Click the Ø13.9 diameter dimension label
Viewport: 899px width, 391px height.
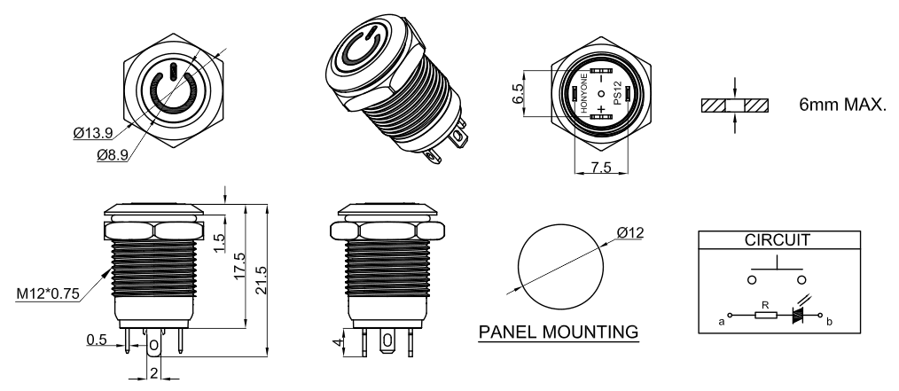tap(93, 134)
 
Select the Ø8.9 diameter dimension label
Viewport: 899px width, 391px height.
tap(113, 155)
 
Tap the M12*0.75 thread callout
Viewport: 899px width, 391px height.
tap(48, 294)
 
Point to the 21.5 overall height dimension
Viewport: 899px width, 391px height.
tap(262, 280)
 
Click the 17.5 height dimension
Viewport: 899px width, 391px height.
tap(239, 266)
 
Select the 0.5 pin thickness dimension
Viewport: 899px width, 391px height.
tap(97, 340)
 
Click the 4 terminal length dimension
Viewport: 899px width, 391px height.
tap(339, 342)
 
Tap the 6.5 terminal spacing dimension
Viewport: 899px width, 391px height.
tap(517, 93)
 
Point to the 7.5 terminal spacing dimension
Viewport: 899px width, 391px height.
tap(601, 167)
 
